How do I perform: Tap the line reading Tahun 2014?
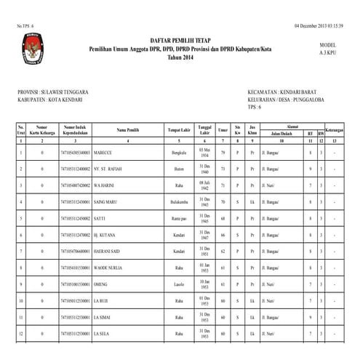179,57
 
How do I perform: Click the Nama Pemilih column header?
128,130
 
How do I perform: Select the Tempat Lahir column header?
179,130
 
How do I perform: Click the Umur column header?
223,130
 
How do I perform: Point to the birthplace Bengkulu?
180,153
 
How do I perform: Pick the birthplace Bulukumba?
180,201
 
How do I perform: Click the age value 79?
223,153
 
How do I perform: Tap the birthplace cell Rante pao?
180,217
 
